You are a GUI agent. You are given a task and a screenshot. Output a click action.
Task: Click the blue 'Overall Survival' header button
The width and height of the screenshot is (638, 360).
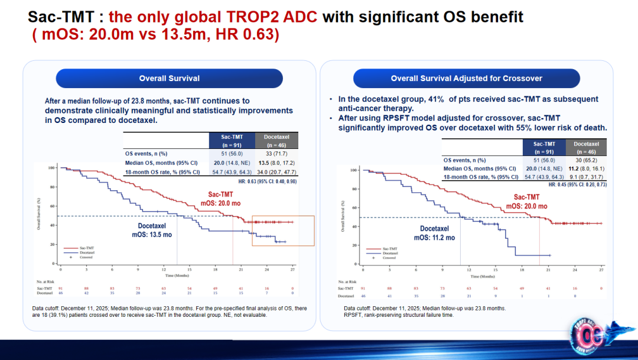coord(170,78)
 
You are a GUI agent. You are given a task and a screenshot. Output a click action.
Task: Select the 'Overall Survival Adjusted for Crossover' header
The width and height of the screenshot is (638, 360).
coord(466,78)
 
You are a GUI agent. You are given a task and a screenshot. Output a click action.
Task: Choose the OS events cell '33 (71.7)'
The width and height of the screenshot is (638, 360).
coord(276,153)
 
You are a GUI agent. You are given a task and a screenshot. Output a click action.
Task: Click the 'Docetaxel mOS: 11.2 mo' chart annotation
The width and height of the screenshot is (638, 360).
coord(434,233)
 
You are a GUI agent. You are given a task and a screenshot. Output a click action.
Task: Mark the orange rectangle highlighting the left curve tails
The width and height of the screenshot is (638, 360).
coord(283,231)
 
